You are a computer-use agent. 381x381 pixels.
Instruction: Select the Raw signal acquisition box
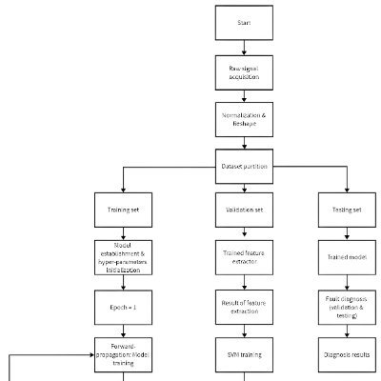point(245,70)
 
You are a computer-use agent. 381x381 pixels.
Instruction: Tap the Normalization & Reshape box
point(245,118)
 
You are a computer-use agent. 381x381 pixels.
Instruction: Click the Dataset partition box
point(245,167)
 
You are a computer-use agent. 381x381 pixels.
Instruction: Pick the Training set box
point(123,209)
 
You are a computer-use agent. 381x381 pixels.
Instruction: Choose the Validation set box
point(245,209)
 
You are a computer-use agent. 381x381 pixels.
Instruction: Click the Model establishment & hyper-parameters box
point(123,256)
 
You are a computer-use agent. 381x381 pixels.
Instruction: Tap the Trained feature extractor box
point(245,256)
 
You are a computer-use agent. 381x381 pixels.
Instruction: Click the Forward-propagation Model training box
point(123,353)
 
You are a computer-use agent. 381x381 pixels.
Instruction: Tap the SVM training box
point(245,353)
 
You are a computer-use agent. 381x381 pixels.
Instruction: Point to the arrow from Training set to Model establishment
point(123,232)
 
